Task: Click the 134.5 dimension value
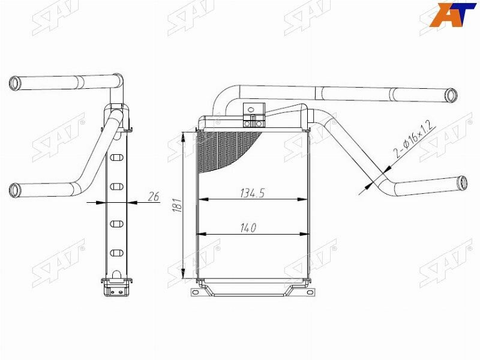(252, 193)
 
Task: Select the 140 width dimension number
(248, 228)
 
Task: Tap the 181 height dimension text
(178, 205)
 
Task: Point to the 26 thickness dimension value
(154, 197)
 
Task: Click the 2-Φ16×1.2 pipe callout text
(413, 140)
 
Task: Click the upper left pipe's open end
(14, 83)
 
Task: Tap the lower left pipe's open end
(14, 190)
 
